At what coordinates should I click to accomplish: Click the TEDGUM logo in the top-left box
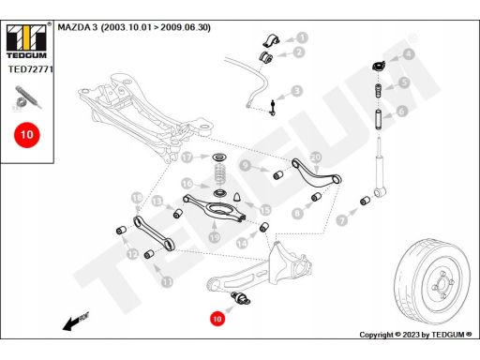click(x=26, y=41)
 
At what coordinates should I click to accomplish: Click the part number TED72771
click(x=31, y=69)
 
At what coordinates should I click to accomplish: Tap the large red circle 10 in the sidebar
click(x=27, y=135)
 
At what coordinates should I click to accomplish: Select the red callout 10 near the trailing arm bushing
click(x=217, y=319)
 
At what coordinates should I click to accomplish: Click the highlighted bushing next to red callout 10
click(x=241, y=297)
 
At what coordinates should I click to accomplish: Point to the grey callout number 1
click(x=302, y=37)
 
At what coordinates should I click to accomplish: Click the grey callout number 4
click(x=408, y=54)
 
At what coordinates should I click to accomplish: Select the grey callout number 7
click(x=342, y=220)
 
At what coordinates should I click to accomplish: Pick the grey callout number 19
click(x=215, y=237)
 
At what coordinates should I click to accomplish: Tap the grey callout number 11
click(x=167, y=282)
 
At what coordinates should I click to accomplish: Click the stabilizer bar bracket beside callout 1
click(x=271, y=39)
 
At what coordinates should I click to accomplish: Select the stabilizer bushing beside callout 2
click(x=266, y=56)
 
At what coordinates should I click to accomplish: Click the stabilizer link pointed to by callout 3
click(x=273, y=108)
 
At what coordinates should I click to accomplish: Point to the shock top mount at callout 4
click(x=378, y=66)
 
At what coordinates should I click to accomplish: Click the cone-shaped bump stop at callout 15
click(x=237, y=197)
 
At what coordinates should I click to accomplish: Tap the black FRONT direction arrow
click(x=76, y=321)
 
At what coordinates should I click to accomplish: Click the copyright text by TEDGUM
click(x=415, y=335)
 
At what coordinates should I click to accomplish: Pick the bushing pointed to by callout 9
click(x=278, y=174)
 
